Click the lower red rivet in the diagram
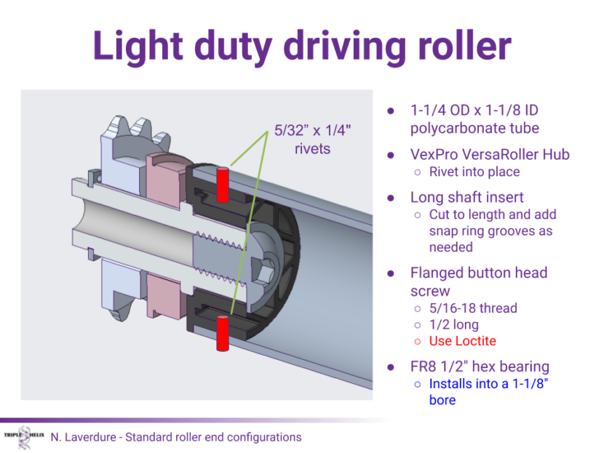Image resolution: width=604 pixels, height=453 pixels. pos(223,334)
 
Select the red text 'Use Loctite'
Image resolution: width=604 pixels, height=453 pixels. pos(463,341)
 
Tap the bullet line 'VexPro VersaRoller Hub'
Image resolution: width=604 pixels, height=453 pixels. pos(490,154)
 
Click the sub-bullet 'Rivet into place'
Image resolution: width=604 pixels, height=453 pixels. pos(474,172)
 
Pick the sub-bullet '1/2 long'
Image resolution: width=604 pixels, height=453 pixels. pos(454,325)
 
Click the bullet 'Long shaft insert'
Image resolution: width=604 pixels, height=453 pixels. pos(466,197)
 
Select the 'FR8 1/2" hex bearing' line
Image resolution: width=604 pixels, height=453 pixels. pos(480,366)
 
